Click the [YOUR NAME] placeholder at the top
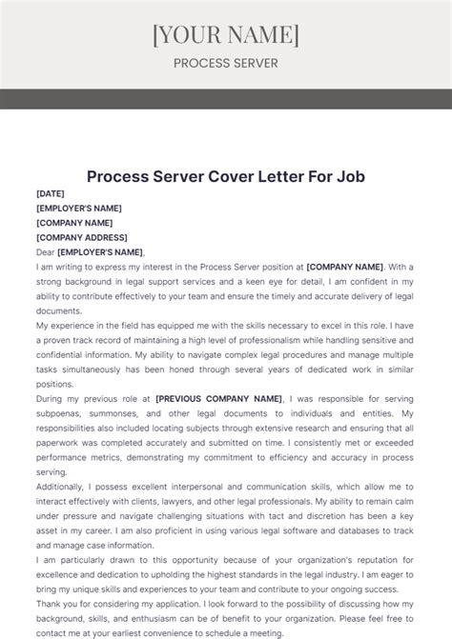226,35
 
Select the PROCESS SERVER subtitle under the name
226,64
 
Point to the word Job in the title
347,176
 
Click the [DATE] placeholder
51,192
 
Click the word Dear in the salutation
45,252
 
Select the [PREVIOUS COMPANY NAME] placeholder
218,398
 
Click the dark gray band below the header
226,99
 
